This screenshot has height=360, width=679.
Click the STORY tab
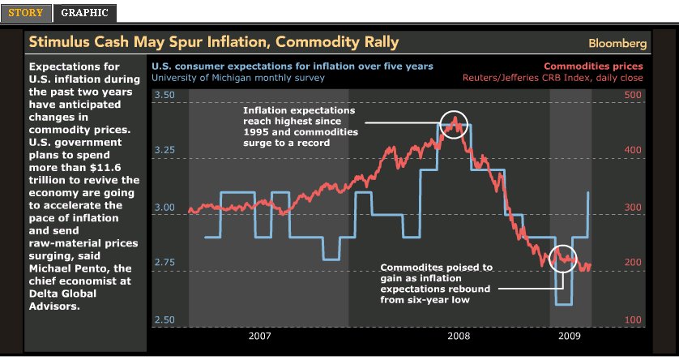pos(26,13)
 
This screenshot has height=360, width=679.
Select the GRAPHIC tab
pos(85,13)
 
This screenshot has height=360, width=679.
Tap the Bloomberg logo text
pos(617,43)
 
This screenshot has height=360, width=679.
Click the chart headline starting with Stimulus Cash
pos(214,42)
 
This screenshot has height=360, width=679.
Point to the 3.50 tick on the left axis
pos(164,96)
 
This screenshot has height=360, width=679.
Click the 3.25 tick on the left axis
pos(164,151)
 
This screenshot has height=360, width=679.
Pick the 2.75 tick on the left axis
pos(164,263)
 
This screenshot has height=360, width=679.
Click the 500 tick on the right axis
pos(633,96)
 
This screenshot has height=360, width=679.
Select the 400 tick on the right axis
pos(633,151)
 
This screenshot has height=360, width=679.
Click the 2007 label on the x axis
pos(259,335)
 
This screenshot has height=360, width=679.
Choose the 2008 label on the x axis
pos(459,335)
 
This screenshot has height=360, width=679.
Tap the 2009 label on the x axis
pos(571,335)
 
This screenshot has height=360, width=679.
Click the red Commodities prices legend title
pos(593,66)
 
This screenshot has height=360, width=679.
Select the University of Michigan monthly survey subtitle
pos(238,78)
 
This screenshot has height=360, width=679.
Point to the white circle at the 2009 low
pos(564,259)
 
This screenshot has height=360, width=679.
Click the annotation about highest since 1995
pos(299,126)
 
